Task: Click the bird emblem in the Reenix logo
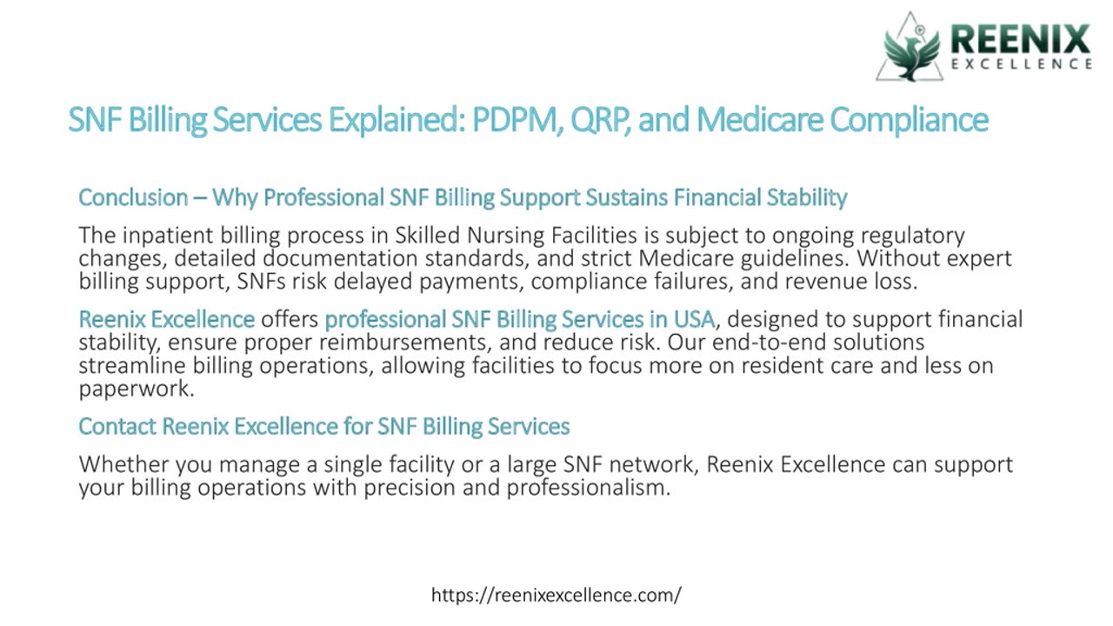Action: tap(911, 49)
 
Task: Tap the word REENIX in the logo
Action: tap(1020, 40)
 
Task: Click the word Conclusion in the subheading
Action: tap(133, 197)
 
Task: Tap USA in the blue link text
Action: tap(694, 319)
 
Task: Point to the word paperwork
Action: tap(135, 388)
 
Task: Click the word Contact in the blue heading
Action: tap(117, 426)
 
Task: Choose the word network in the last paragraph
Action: tap(652, 464)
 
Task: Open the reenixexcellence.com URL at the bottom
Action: tap(556, 595)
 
